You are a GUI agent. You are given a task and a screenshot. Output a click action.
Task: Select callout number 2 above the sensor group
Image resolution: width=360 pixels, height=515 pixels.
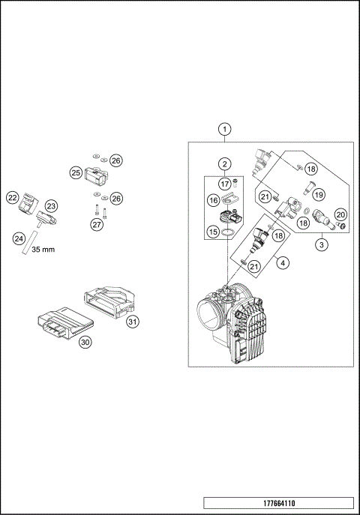coord(224,163)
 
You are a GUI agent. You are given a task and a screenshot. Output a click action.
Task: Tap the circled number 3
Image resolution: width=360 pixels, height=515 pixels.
coord(321,244)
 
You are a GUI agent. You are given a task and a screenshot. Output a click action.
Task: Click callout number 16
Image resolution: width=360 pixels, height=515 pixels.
coord(213,200)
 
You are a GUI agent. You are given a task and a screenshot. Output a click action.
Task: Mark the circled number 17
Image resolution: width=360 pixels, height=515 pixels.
coord(224,183)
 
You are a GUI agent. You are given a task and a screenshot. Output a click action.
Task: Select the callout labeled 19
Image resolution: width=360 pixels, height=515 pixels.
coord(318,194)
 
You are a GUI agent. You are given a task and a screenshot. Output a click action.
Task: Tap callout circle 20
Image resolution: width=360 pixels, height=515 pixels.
coord(340,214)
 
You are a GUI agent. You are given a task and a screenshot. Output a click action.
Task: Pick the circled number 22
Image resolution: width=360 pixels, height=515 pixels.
coord(12,198)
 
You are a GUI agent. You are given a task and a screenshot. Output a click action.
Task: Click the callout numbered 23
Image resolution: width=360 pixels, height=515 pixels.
coord(51,205)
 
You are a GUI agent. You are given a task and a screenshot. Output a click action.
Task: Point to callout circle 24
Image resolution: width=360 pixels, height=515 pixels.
coord(19,238)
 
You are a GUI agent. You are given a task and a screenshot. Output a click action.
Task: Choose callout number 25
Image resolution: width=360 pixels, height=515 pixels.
coord(76,172)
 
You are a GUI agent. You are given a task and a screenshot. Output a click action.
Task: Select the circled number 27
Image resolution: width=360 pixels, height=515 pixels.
coord(96,224)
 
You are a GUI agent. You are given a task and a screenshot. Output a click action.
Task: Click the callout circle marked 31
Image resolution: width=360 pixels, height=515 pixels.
coord(133,322)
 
